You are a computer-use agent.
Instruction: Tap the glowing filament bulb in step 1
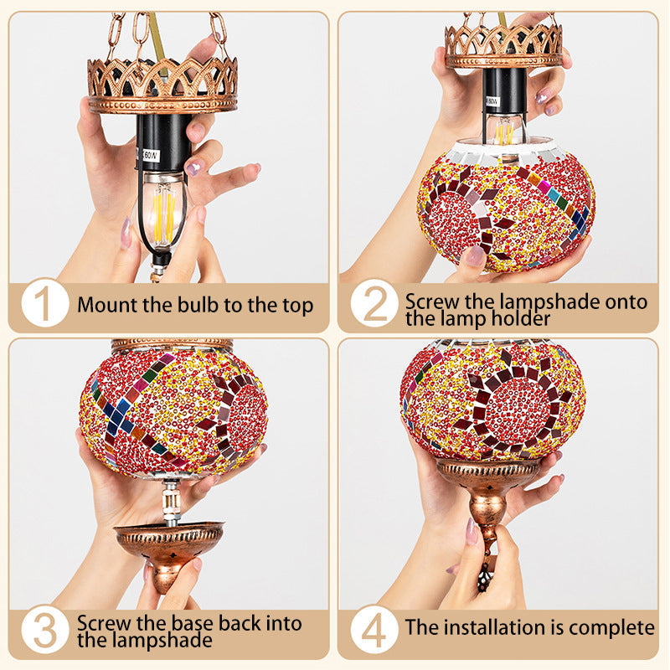(x=162, y=213)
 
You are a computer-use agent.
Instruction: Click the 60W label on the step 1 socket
(x=151, y=155)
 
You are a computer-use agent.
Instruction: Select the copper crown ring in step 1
(x=162, y=85)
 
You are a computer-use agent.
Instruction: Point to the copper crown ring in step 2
(x=504, y=46)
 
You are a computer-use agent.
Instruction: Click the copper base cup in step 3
(x=169, y=551)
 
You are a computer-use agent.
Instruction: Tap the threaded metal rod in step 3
(x=172, y=501)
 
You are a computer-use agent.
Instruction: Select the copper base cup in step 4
(x=487, y=492)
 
